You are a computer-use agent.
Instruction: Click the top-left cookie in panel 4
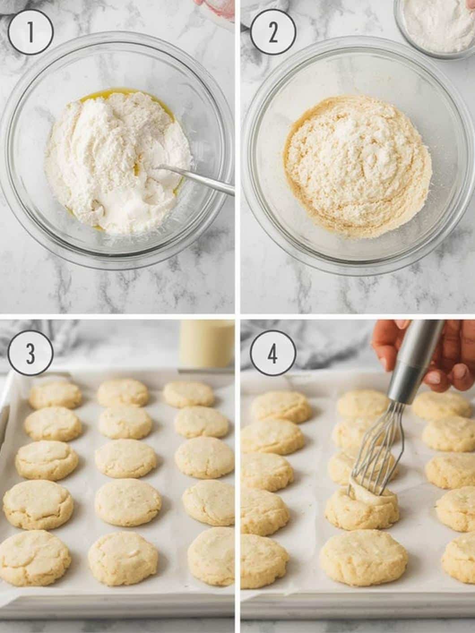(282, 406)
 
